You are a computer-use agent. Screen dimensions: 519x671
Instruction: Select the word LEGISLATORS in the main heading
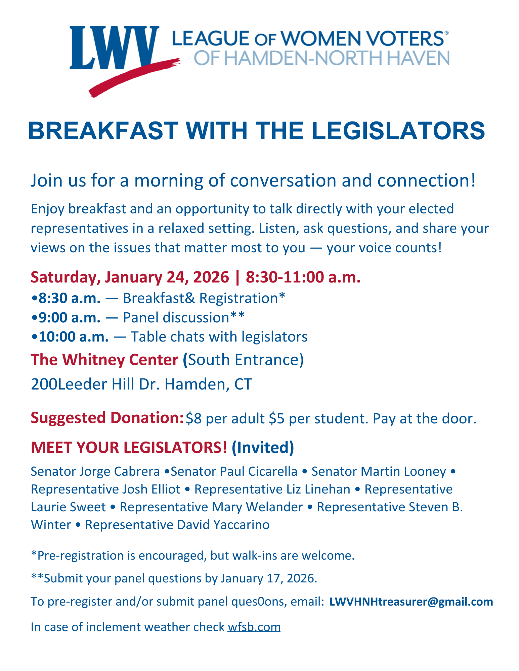398,131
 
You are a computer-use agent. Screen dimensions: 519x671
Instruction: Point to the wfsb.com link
254,627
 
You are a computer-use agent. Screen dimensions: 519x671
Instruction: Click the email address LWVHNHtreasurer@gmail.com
411,602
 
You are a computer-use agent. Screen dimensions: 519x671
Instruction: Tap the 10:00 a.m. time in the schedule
74,337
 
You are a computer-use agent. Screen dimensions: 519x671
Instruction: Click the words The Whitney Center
104,360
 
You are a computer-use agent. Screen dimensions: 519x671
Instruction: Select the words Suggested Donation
107,418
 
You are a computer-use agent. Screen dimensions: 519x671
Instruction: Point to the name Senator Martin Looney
379,471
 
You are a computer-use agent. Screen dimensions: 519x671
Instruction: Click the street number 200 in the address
44,384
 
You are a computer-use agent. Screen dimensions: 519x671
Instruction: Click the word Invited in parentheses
263,448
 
